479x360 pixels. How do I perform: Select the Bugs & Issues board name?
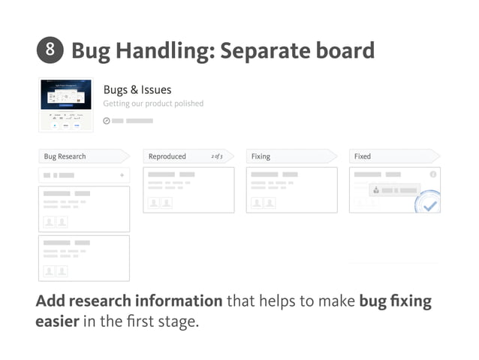pos(137,90)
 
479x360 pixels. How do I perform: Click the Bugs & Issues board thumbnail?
pos(66,104)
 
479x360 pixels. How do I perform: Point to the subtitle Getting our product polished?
pos(153,104)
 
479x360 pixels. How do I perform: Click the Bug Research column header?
pos(65,156)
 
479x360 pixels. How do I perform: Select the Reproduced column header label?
pos(167,156)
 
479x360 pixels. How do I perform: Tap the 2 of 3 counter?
pos(217,156)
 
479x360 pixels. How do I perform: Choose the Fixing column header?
pos(261,156)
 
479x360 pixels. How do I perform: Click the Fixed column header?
pos(363,156)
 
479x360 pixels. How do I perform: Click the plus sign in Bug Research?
pos(122,175)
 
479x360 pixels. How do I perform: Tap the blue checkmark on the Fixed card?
pos(429,203)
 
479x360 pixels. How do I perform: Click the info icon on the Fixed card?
pos(432,174)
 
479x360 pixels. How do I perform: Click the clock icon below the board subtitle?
pos(106,121)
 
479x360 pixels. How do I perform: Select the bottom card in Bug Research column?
pos(83,258)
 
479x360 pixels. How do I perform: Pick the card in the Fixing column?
pos(292,189)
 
